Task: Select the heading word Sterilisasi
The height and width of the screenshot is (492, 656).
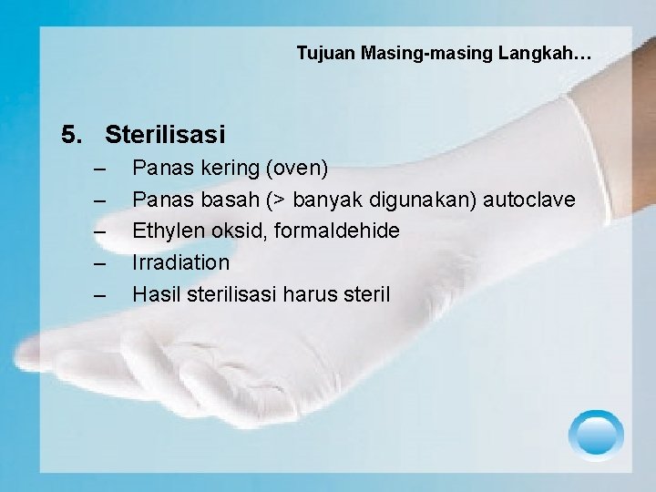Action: point(165,135)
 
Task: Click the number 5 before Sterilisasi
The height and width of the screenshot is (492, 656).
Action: point(70,135)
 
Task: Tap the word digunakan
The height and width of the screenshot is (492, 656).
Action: point(431,200)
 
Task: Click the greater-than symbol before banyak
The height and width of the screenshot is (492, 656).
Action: point(295,200)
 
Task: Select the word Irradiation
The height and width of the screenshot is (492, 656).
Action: point(181,262)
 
